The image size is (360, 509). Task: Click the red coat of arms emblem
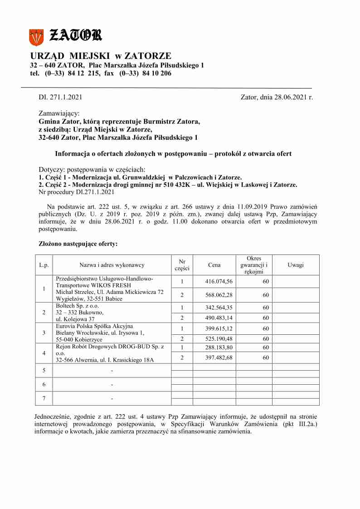point(36,37)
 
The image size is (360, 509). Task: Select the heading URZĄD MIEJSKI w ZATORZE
point(101,56)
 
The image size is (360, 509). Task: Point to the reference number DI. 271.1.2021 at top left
point(60,97)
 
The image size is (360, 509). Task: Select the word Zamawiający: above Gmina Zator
point(59,113)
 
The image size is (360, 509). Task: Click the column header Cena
point(214,265)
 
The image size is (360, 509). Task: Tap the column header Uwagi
point(296,265)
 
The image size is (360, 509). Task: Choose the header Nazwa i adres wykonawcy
point(112,265)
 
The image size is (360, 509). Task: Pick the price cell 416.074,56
point(219,282)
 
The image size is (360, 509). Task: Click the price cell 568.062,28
point(219,295)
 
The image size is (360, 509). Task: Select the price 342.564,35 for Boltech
point(219,307)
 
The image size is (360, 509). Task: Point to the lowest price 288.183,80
point(219,347)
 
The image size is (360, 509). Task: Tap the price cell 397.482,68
point(219,357)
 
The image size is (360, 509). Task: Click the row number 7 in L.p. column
point(44,398)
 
